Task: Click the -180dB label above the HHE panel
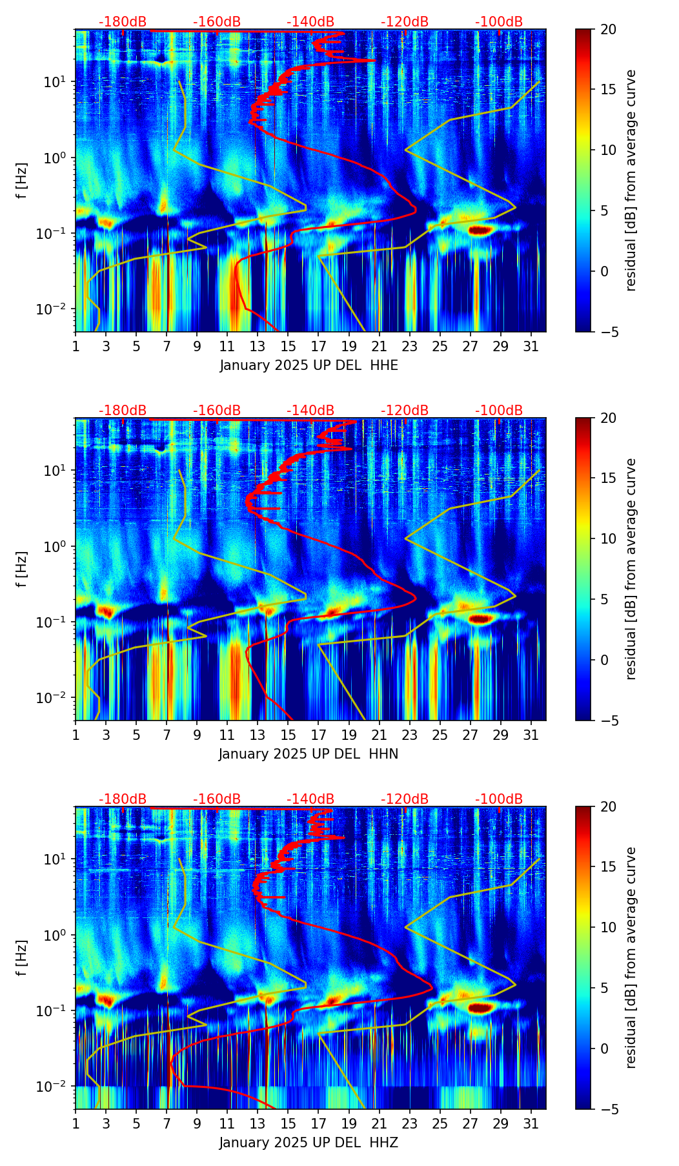[123, 22]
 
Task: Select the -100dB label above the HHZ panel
[499, 799]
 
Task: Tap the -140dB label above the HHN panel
[310, 411]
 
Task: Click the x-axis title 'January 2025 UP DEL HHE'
[309, 365]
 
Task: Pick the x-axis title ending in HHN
[309, 754]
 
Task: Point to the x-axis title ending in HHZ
[309, 1143]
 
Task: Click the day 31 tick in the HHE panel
[531, 346]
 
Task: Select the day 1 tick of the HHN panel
[76, 735]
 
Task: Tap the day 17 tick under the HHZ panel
[319, 1123]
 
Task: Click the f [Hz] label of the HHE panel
[22, 181]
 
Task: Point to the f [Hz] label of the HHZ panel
[22, 958]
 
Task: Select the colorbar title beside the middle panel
[631, 569]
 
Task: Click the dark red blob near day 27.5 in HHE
[481, 230]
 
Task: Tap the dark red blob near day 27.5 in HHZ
[481, 1007]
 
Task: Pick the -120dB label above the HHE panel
[405, 22]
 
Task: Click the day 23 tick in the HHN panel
[410, 735]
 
